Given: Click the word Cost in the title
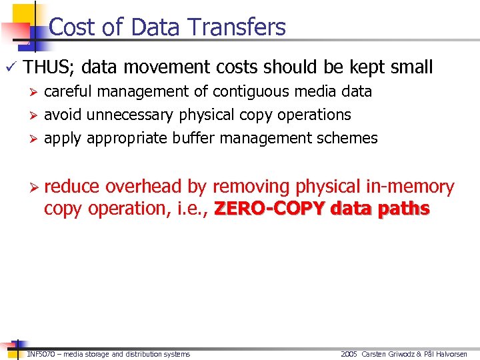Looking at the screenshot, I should tap(71, 27).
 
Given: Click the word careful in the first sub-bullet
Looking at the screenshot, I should tap(65, 91).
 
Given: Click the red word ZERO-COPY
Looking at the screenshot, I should tap(269, 209).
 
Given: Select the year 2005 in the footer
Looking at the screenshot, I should tap(349, 354).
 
